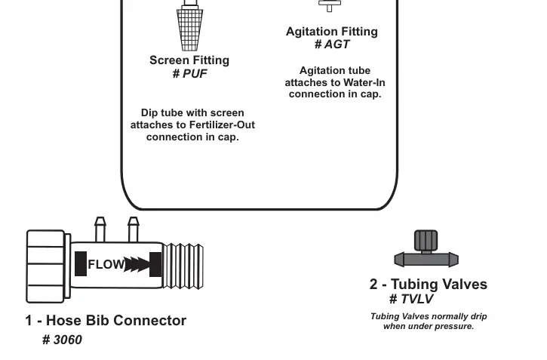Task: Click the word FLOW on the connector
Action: pos(106,265)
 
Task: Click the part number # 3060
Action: pos(63,340)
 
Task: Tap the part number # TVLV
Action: pos(411,299)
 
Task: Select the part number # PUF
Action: pos(189,74)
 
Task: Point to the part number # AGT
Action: pos(332,45)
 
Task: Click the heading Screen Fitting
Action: pos(189,60)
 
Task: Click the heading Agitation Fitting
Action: pos(332,32)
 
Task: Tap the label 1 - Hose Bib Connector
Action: pos(106,320)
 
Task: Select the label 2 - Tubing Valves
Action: pos(428,285)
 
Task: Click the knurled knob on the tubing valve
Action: pos(426,242)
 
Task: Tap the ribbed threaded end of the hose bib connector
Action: pos(183,265)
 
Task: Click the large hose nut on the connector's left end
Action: pos(46,266)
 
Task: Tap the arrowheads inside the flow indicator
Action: pos(137,264)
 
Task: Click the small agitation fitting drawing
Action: pos(329,6)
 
